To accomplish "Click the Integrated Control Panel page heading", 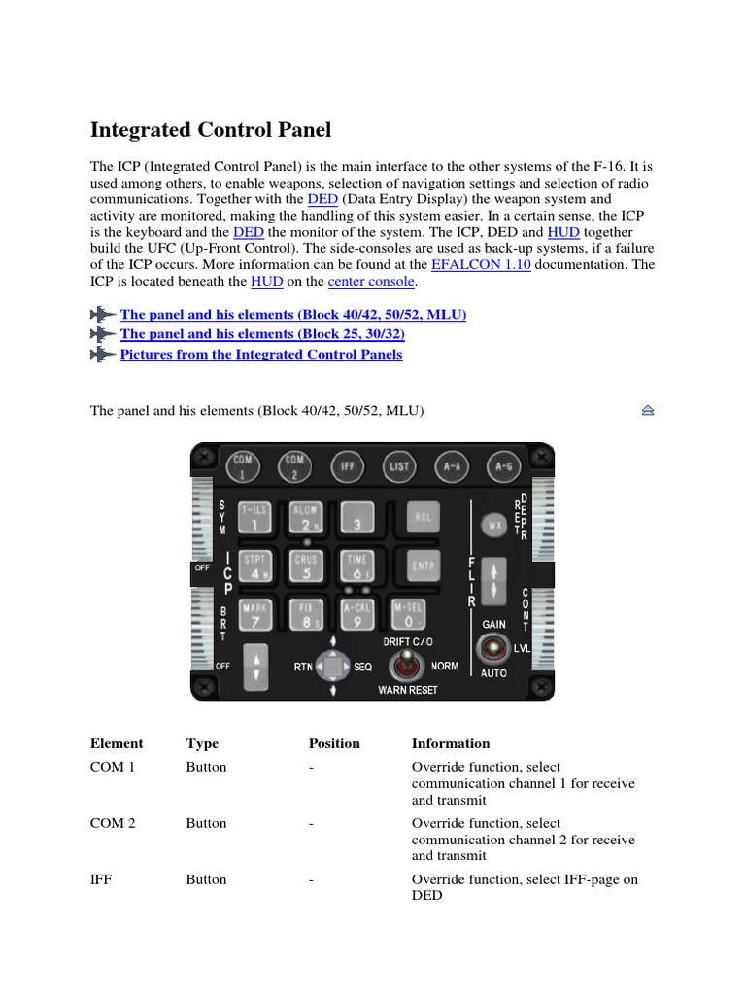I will coord(211,130).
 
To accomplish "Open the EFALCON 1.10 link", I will coord(481,263).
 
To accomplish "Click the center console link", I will coord(372,282).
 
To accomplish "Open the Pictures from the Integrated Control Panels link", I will coord(260,355).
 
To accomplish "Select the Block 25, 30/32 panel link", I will coord(262,334).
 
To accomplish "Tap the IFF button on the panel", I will coord(346,466).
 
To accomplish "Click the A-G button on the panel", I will coord(502,466).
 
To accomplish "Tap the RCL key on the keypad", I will coord(421,518).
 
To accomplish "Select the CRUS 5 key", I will coord(307,566).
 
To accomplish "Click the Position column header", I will coord(334,744).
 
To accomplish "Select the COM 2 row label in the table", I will coord(113,823).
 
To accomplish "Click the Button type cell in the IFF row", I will coord(206,879).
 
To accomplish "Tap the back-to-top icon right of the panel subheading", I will coord(648,411).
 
